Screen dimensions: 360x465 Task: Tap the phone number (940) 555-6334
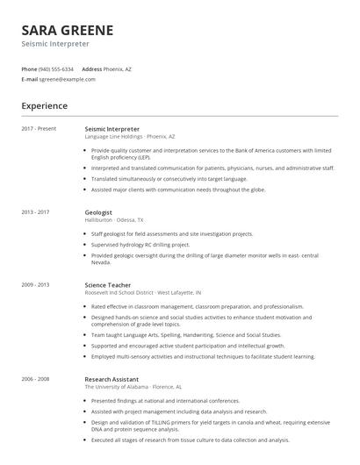click(x=57, y=68)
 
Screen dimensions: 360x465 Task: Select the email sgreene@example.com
click(x=68, y=79)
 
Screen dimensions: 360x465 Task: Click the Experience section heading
click(x=45, y=106)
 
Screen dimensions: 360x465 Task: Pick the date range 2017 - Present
click(x=39, y=129)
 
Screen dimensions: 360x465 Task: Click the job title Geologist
click(x=98, y=212)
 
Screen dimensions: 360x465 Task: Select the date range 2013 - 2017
click(x=36, y=212)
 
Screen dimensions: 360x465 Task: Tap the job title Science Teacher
click(x=109, y=285)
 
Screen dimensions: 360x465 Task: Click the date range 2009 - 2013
click(x=36, y=285)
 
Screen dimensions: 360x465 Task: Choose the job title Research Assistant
click(x=113, y=378)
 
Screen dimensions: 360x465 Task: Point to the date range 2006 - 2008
click(x=36, y=378)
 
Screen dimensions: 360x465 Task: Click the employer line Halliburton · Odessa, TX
click(x=114, y=220)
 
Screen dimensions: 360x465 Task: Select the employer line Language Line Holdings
click(x=130, y=137)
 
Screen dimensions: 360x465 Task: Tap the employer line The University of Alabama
click(x=133, y=386)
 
